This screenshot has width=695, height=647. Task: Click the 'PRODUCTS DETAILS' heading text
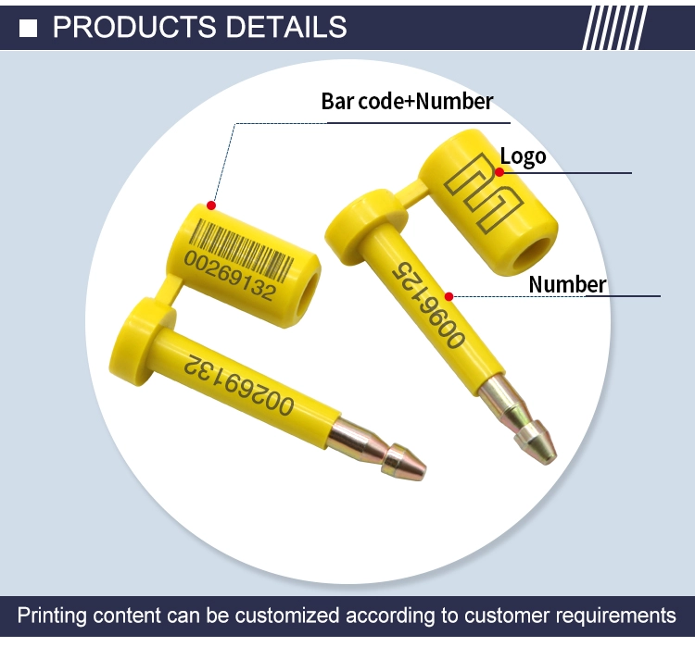199,27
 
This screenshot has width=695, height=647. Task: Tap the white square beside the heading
29,29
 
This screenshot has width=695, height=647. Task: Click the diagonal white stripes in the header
614,28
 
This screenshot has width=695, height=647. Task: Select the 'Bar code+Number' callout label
407,102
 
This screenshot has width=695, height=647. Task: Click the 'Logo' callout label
523,156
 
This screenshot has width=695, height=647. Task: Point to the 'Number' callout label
567,284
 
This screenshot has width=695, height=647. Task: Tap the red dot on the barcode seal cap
211,205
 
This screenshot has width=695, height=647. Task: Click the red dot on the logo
499,172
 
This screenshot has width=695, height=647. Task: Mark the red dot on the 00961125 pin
449,297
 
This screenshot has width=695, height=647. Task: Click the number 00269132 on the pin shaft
239,384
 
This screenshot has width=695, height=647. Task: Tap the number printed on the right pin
429,305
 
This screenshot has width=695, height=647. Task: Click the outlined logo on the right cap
484,193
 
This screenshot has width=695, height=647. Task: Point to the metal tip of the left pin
376,450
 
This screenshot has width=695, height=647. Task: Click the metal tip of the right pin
518,417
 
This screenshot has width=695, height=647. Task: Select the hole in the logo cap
532,254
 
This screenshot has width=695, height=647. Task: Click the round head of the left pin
141,341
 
